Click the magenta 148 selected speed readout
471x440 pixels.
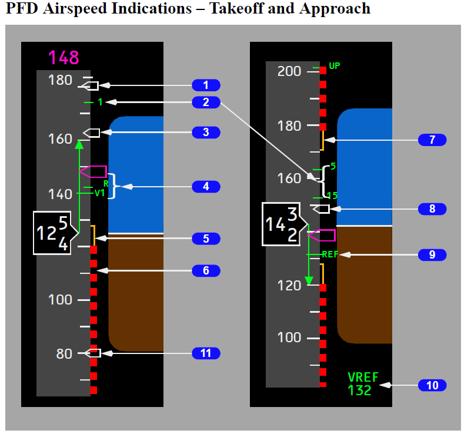tap(64, 58)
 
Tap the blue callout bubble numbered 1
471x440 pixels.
tap(206, 85)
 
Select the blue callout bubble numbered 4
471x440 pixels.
tap(206, 187)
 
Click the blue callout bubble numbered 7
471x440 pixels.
tap(432, 140)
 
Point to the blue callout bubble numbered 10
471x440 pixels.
tap(432, 385)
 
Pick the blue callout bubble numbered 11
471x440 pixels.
tap(206, 353)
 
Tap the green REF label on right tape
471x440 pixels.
tap(330, 254)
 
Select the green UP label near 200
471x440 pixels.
tap(334, 66)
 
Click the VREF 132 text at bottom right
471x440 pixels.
tap(363, 383)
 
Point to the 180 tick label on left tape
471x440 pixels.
tap(61, 80)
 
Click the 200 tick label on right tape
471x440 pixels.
tap(289, 71)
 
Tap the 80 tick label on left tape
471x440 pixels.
tap(64, 353)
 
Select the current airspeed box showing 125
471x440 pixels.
tap(54, 233)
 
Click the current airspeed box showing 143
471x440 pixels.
tap(284, 224)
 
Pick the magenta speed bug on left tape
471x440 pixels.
tap(94, 172)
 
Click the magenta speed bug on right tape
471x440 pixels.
tap(323, 236)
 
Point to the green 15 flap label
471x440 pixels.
tap(332, 196)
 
